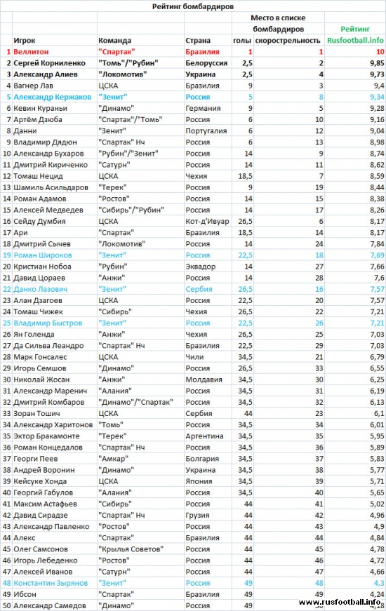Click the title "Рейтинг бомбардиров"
[x=192, y=6]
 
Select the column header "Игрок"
[x=25, y=41]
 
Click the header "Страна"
[x=198, y=41]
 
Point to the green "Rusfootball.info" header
[x=355, y=41]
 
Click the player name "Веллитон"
[x=33, y=52]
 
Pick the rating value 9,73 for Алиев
[x=373, y=74]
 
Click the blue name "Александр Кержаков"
[x=51, y=97]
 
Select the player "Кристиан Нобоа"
[x=43, y=267]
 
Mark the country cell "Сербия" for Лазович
[x=199, y=289]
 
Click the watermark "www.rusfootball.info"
[x=340, y=602]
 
